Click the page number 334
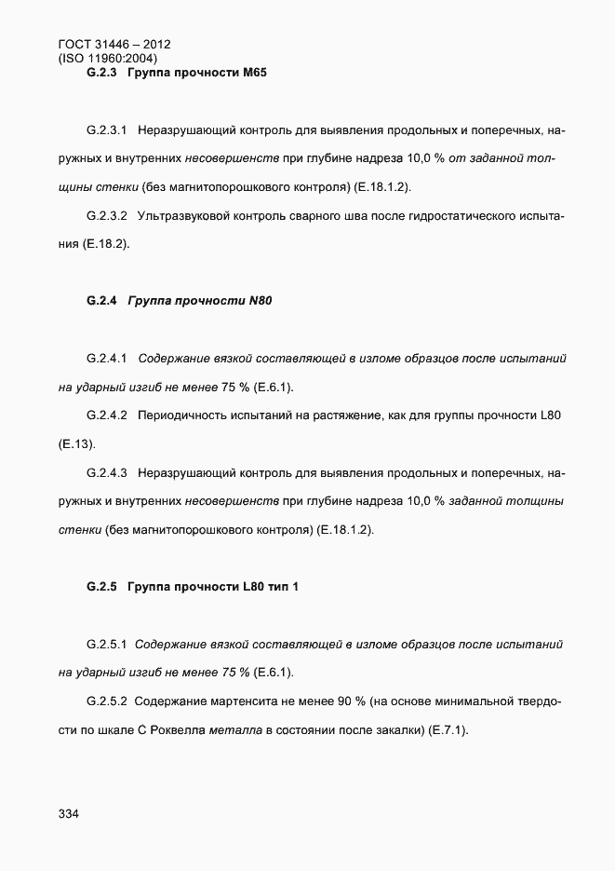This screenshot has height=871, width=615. click(x=68, y=814)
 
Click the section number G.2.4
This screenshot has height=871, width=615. click(x=101, y=301)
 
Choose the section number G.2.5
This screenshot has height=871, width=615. click(x=101, y=587)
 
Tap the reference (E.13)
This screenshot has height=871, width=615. click(x=77, y=444)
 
